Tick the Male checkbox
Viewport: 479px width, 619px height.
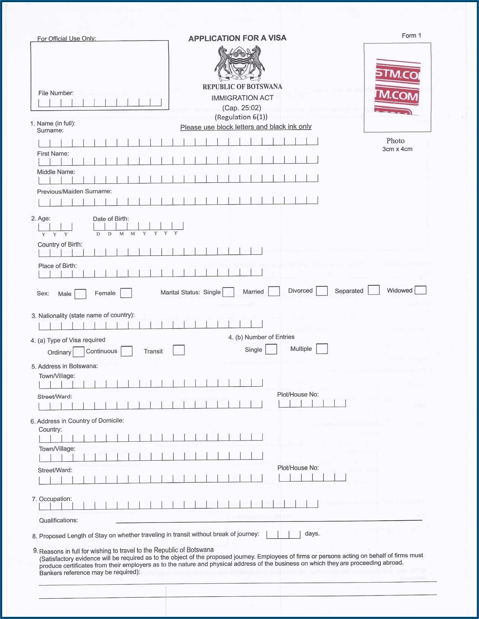click(80, 294)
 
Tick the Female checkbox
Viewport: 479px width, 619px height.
click(126, 293)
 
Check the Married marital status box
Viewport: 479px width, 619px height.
click(274, 291)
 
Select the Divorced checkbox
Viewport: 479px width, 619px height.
click(322, 291)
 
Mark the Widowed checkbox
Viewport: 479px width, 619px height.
click(420, 290)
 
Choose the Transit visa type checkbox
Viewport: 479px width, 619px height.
click(179, 350)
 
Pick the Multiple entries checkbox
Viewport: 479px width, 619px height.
click(322, 349)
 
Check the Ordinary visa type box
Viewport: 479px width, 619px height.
click(79, 352)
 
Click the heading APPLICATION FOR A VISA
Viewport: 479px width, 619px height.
click(237, 38)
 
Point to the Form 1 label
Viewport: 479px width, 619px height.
click(411, 36)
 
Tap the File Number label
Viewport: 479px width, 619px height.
click(56, 93)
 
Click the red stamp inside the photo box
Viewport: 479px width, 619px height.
click(397, 87)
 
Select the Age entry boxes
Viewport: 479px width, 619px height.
click(55, 227)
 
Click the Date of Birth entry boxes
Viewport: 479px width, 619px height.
click(138, 226)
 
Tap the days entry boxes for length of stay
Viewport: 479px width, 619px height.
click(283, 535)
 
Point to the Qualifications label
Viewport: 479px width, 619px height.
click(58, 520)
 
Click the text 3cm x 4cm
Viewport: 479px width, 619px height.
click(397, 149)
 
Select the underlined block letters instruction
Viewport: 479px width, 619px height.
click(246, 127)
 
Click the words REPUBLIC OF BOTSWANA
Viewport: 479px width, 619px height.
click(242, 87)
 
